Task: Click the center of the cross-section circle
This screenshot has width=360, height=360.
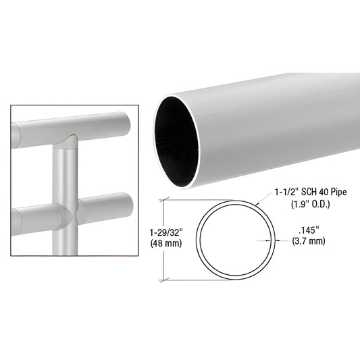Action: (x=236, y=239)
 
